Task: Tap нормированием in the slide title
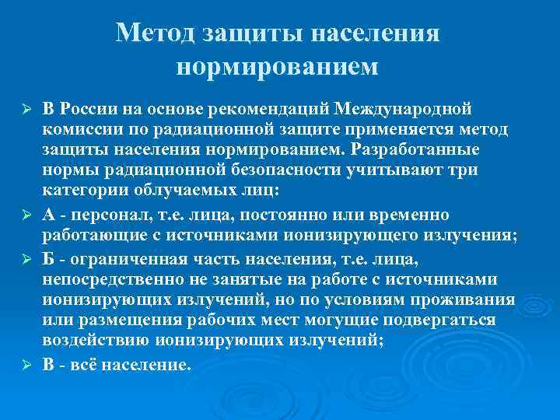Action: [x=278, y=67]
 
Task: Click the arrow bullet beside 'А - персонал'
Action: [x=26, y=214]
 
